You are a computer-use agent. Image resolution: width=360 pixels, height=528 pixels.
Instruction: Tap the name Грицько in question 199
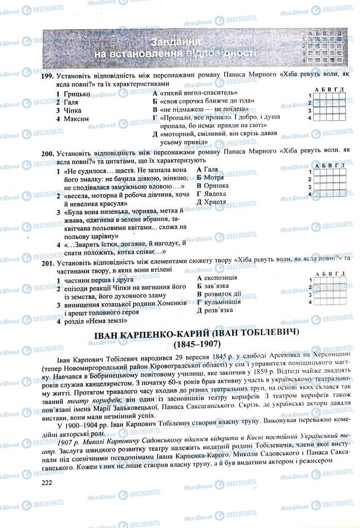coord(76,94)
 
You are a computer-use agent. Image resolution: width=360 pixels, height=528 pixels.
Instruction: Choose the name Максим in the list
coord(76,119)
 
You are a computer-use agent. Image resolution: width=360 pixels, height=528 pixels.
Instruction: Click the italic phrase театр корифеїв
coord(103,400)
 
